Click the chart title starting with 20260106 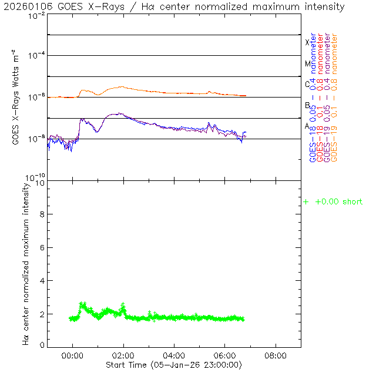(x=174, y=7)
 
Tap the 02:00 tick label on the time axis (x=123, y=355)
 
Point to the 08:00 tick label (x=276, y=355)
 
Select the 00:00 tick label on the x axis (x=73, y=355)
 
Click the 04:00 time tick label (x=174, y=355)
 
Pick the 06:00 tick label (x=225, y=355)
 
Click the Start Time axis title (x=174, y=364)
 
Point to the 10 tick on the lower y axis (x=40, y=183)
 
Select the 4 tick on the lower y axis (x=42, y=281)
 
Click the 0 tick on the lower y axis (x=42, y=346)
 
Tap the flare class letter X (x=307, y=42)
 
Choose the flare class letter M (x=307, y=63)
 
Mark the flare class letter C (x=307, y=84)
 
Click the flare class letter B (x=307, y=105)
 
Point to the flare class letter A (x=307, y=126)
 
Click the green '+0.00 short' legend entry (x=333, y=202)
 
